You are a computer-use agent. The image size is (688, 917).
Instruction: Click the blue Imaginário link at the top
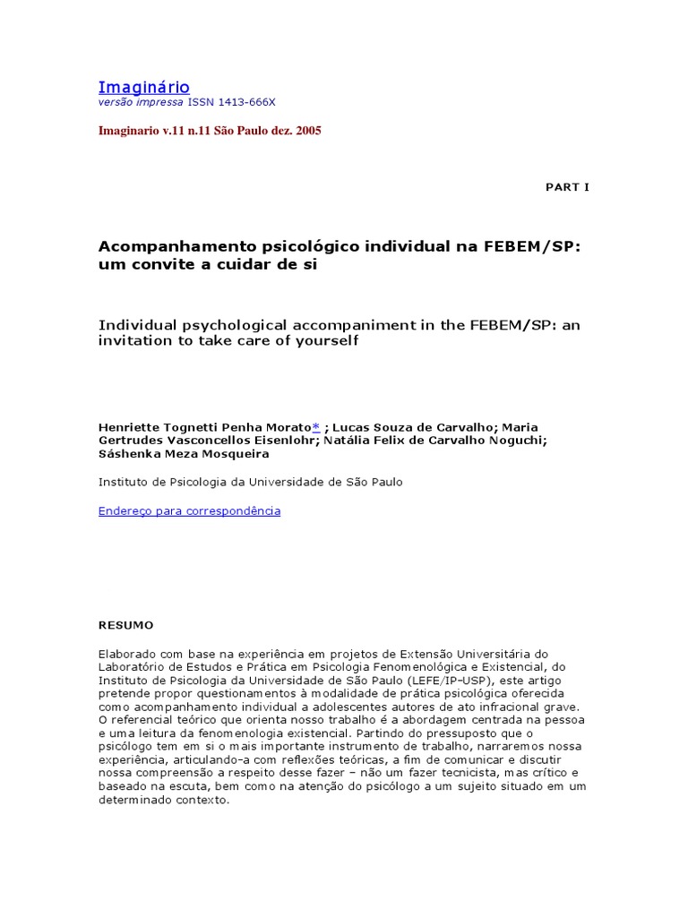pyautogui.click(x=143, y=87)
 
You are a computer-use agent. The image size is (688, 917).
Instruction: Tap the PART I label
pyautogui.click(x=567, y=187)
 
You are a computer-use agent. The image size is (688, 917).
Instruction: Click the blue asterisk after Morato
pyautogui.click(x=315, y=427)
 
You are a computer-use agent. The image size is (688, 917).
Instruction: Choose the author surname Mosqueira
pyautogui.click(x=229, y=454)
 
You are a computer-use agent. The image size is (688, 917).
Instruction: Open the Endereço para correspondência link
pyautogui.click(x=189, y=510)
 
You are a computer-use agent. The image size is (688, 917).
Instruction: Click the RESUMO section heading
pyautogui.click(x=125, y=625)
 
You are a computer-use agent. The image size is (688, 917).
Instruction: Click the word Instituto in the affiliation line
pyautogui.click(x=123, y=482)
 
